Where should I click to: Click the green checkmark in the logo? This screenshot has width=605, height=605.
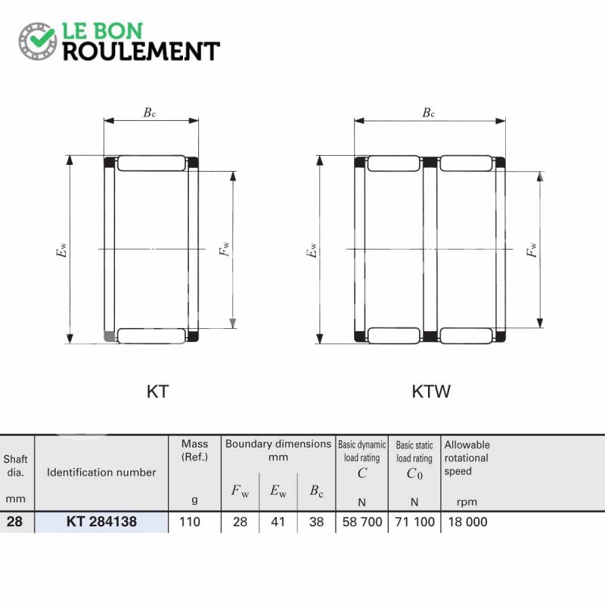click(42, 37)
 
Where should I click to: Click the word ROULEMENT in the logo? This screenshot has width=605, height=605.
click(141, 51)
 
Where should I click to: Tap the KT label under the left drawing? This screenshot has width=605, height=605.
click(158, 392)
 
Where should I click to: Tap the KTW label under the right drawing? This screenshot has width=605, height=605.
click(431, 392)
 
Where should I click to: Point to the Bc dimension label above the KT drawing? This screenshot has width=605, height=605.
click(150, 112)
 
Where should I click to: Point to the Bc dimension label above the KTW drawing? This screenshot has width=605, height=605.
click(429, 112)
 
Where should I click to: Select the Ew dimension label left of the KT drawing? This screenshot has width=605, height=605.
click(61, 250)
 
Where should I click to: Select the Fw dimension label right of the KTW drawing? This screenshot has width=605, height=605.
click(532, 250)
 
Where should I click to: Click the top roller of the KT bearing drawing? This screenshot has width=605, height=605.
click(151, 163)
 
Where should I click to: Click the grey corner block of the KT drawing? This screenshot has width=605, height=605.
click(110, 337)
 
